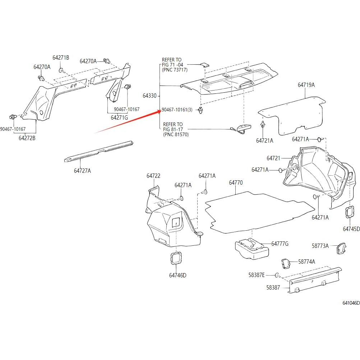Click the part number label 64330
pyautogui.click(x=149, y=96)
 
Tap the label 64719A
pyautogui.click(x=306, y=85)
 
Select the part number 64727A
pyautogui.click(x=82, y=171)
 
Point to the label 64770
pyautogui.click(x=236, y=183)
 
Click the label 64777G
pyautogui.click(x=280, y=244)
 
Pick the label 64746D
pyautogui.click(x=178, y=276)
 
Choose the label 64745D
pyautogui.click(x=351, y=229)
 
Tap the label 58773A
pyautogui.click(x=320, y=246)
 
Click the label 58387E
pyautogui.click(x=257, y=275)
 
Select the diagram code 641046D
pyautogui.click(x=351, y=303)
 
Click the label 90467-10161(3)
pyautogui.click(x=177, y=110)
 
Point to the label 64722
pyautogui.click(x=153, y=176)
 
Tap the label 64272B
pyautogui.click(x=27, y=138)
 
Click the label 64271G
pyautogui.click(x=119, y=117)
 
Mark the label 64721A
pyautogui.click(x=264, y=141)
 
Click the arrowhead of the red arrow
pyautogui.click(x=160, y=111)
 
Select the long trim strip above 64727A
pyautogui.click(x=99, y=152)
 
